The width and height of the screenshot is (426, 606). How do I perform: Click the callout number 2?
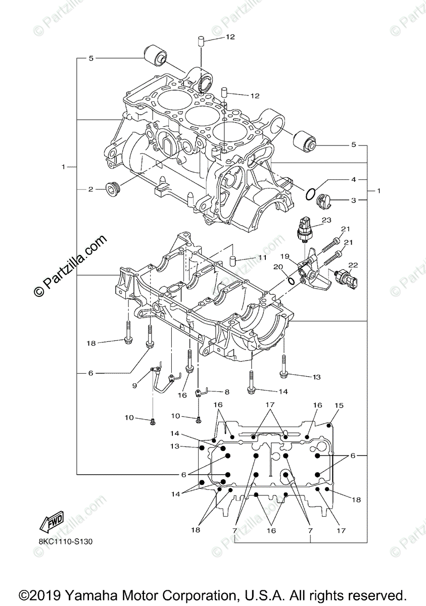(90, 189)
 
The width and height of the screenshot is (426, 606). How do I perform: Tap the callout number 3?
(354, 200)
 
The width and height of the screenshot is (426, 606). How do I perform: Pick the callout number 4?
(354, 179)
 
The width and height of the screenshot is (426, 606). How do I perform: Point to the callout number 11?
(262, 258)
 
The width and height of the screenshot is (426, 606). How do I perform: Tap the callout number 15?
(339, 406)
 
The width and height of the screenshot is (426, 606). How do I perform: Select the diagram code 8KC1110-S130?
(66, 542)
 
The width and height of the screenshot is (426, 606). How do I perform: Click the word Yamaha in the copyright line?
(86, 594)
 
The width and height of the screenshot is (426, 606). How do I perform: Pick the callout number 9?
(134, 385)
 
